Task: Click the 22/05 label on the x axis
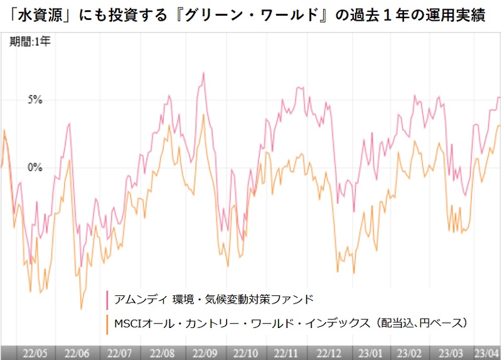[32, 352]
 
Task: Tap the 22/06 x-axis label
[77, 352]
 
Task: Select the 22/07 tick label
[119, 352]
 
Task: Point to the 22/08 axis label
[163, 352]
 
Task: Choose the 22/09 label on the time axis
[206, 352]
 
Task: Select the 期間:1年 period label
[30, 43]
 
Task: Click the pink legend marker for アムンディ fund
[109, 298]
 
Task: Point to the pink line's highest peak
[203, 73]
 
